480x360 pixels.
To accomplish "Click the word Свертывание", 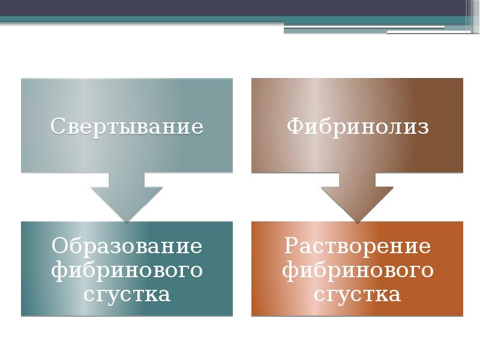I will (x=127, y=127).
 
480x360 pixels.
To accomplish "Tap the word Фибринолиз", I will (x=358, y=127).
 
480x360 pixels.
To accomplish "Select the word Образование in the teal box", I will (x=127, y=246).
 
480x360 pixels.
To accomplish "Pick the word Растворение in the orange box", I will (x=358, y=246).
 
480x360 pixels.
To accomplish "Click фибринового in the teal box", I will (x=127, y=271).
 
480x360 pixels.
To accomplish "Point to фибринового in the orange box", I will (x=358, y=271).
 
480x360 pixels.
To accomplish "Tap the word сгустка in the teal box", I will (x=127, y=295).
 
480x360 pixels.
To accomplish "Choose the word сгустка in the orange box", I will (x=358, y=295).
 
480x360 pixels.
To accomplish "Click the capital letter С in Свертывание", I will (x=57, y=127).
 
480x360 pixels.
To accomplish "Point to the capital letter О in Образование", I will (x=59, y=246).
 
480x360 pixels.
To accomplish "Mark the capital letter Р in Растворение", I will (x=292, y=246).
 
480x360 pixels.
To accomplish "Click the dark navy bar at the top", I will (x=240, y=8).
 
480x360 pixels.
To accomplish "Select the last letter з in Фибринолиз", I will (x=424, y=127).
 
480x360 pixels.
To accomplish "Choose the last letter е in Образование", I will (x=196, y=247).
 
